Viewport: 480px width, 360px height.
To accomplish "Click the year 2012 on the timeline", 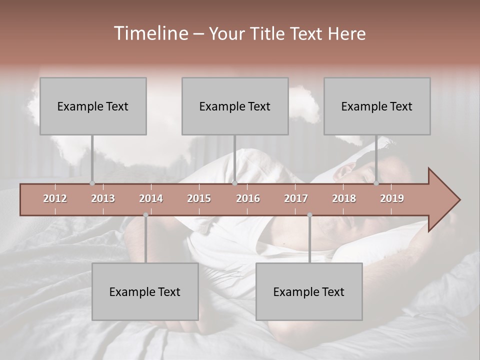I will [x=55, y=198].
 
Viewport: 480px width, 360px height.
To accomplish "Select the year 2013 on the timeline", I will [x=103, y=198].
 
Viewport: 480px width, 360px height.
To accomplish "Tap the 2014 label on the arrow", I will [x=151, y=198].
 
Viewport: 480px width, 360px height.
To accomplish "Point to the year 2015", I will [x=199, y=198].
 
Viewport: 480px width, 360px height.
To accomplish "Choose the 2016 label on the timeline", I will [x=248, y=198].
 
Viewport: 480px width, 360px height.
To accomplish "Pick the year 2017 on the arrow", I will [x=296, y=198].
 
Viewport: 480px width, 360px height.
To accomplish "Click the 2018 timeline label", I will [x=344, y=198].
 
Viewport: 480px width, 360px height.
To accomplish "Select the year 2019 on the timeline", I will [x=392, y=198].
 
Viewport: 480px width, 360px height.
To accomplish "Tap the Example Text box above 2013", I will [x=93, y=106].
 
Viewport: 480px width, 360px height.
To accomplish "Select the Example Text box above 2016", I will [x=235, y=106].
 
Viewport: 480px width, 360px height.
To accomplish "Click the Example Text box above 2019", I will [x=377, y=106].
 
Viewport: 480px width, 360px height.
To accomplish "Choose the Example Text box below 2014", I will [x=145, y=291].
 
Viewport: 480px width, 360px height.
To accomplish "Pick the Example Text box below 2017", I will [x=309, y=291].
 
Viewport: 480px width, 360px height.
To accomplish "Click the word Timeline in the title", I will [x=150, y=33].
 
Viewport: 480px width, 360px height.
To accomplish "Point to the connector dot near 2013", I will [x=92, y=183].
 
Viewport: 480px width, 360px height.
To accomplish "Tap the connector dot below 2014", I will [x=145, y=215].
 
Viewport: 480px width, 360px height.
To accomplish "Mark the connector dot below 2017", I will [x=309, y=215].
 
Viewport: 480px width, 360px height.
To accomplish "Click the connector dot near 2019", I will [x=376, y=183].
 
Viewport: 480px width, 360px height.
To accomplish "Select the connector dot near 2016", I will [x=234, y=183].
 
